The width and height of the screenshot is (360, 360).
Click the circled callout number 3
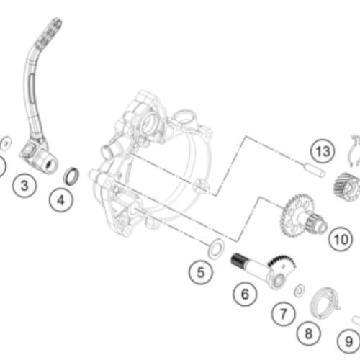[24, 186]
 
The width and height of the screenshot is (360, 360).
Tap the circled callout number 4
[61, 200]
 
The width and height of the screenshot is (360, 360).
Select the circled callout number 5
[201, 272]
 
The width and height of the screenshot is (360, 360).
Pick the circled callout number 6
[245, 294]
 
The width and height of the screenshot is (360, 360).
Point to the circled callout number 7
[284, 314]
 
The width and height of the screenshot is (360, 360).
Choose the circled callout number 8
[309, 333]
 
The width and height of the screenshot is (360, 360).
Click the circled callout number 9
[349, 341]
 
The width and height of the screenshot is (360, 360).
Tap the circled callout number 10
[341, 239]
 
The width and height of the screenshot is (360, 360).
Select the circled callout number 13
[323, 151]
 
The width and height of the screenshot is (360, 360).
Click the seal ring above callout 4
[71, 176]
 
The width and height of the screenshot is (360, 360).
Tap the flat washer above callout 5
[216, 248]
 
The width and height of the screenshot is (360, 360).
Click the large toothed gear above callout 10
[297, 215]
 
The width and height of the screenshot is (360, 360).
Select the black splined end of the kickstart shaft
[238, 260]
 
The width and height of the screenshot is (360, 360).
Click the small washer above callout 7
[300, 290]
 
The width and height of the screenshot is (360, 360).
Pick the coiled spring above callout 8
[325, 303]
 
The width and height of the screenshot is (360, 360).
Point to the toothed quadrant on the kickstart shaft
[281, 261]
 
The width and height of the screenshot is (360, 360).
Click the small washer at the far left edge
[6, 143]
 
